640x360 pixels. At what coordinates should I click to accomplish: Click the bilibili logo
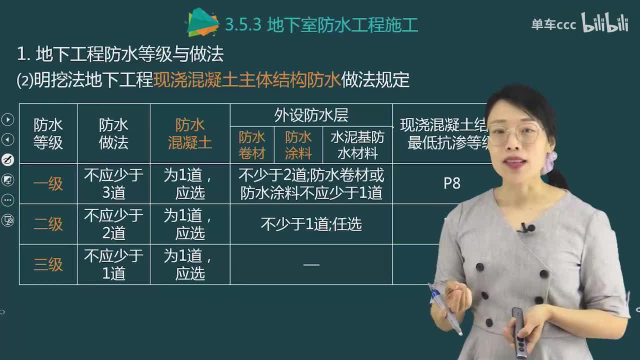(604, 23)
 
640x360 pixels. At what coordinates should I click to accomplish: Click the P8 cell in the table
(451, 183)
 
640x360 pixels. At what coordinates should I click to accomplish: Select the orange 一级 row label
(48, 184)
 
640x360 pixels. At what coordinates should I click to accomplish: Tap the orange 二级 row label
(48, 224)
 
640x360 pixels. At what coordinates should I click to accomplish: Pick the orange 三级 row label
(48, 264)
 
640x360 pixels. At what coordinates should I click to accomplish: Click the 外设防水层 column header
(311, 115)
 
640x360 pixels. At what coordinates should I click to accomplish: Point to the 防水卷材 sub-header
(252, 145)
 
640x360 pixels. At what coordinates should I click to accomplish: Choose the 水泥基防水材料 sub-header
(357, 145)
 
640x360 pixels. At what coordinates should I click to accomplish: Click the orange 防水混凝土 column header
(190, 134)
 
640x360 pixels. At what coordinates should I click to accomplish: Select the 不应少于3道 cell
(113, 184)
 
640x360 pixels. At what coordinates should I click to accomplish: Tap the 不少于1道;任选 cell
(311, 224)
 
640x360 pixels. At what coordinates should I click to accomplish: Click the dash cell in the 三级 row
(311, 264)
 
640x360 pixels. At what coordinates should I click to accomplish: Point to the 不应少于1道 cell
(113, 264)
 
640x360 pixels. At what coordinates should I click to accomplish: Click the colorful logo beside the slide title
(202, 23)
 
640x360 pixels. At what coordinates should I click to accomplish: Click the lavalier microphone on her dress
(526, 228)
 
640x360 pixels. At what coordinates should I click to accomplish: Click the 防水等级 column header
(48, 134)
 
